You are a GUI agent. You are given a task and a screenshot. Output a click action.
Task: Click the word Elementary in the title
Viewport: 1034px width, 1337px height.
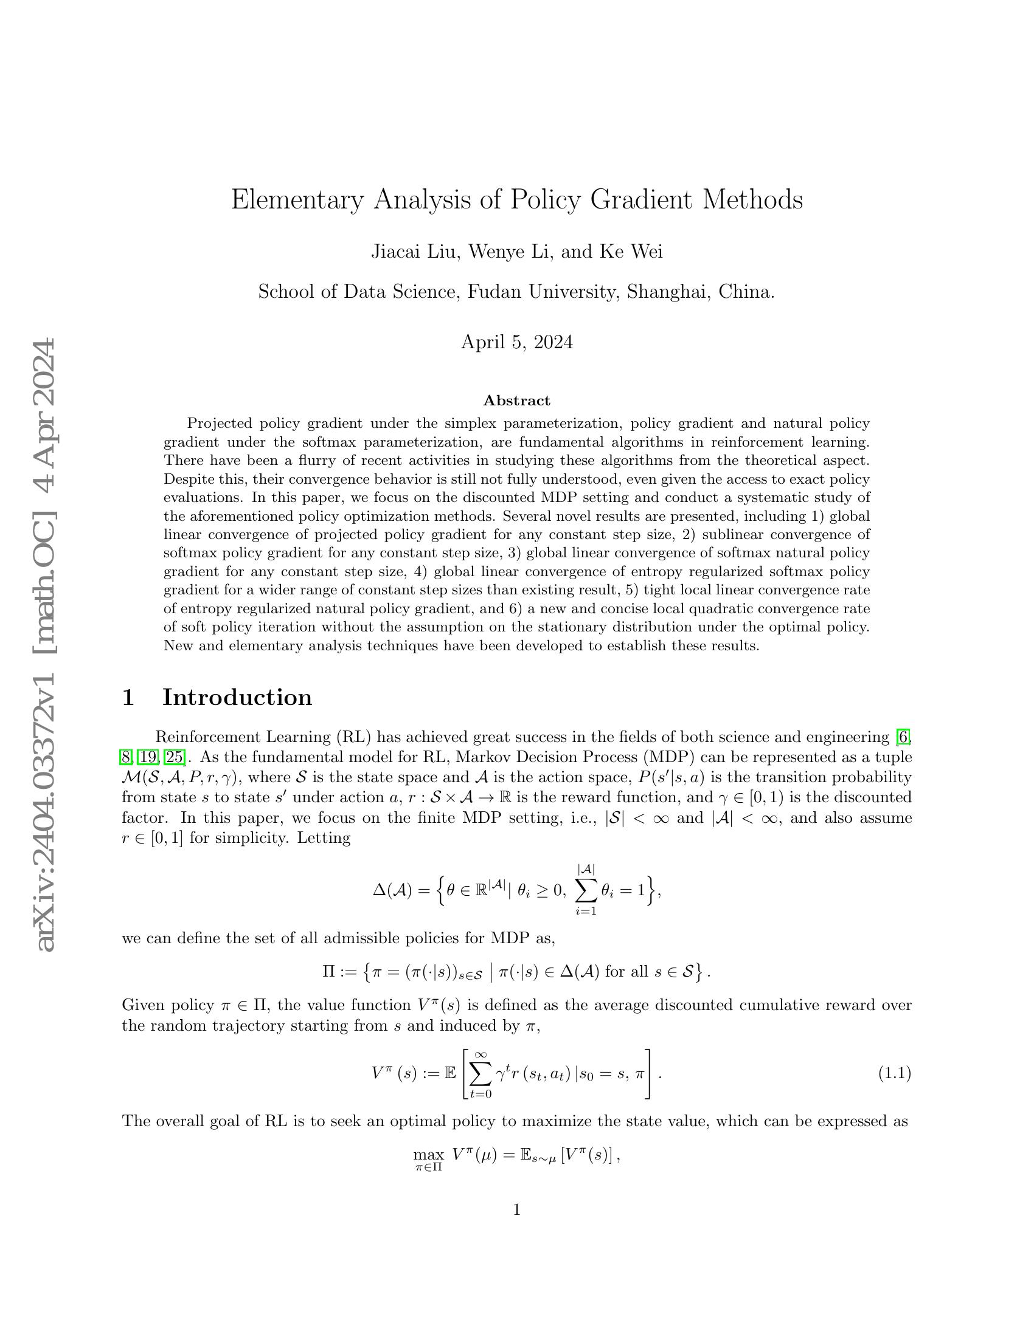pos(296,201)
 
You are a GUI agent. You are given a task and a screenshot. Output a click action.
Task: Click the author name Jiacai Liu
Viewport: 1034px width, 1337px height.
pos(415,252)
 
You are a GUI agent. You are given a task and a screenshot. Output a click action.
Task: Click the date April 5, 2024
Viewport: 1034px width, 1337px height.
pos(516,342)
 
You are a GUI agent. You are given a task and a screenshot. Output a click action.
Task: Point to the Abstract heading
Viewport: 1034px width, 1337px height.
pos(516,400)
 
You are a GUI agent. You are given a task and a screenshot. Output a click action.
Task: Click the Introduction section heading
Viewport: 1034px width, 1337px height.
pos(237,697)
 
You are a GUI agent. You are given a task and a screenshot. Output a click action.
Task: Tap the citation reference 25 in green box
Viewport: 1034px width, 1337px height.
pos(174,757)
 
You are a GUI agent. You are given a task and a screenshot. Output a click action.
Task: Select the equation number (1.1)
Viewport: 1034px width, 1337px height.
pos(894,1073)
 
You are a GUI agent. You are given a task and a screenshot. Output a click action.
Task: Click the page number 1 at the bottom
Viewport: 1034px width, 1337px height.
pos(516,1209)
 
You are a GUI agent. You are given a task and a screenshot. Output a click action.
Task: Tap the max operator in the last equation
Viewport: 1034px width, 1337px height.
pos(428,1155)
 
